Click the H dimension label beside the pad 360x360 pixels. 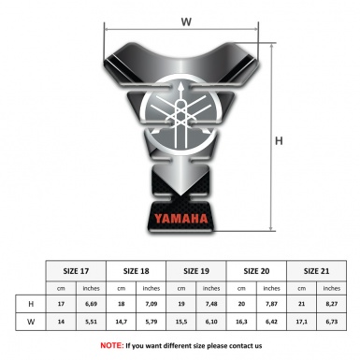[x=279, y=140]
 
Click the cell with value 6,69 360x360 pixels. [x=92, y=303]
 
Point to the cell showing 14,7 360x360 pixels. [x=122, y=322]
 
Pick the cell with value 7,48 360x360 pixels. [x=213, y=303]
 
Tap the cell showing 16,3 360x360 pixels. [x=243, y=322]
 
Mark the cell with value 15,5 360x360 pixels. [x=183, y=322]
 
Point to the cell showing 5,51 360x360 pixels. [x=92, y=322]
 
